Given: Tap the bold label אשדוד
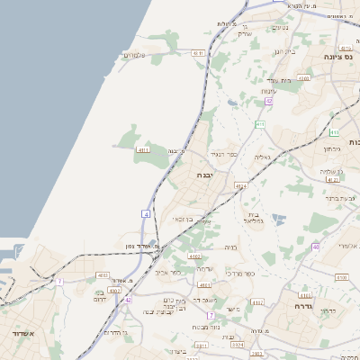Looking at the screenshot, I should click(x=18, y=333).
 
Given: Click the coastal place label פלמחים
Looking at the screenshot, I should click(x=135, y=56).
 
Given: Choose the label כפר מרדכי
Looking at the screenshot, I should click(x=240, y=274).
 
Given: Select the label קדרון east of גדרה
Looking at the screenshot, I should click(x=328, y=311).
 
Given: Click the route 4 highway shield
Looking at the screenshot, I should click(x=145, y=213).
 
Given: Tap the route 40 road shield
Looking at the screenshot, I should click(x=315, y=246).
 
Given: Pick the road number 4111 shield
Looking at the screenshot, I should click(x=143, y=148).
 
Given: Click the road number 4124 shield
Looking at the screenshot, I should click(x=240, y=186).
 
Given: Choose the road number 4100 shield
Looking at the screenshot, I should click(x=341, y=277).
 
